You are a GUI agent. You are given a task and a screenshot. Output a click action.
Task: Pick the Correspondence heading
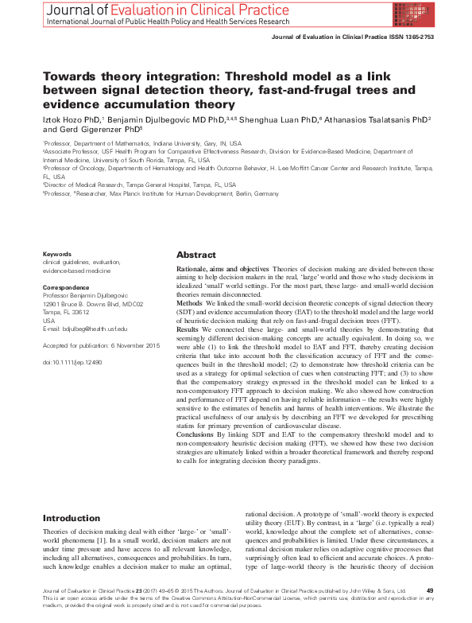pos(66,284)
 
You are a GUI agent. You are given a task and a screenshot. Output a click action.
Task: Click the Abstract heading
pos(195,255)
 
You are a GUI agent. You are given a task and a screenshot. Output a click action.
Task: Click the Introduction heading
pos(72,518)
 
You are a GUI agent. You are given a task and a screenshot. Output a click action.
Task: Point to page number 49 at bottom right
pos(430,590)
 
